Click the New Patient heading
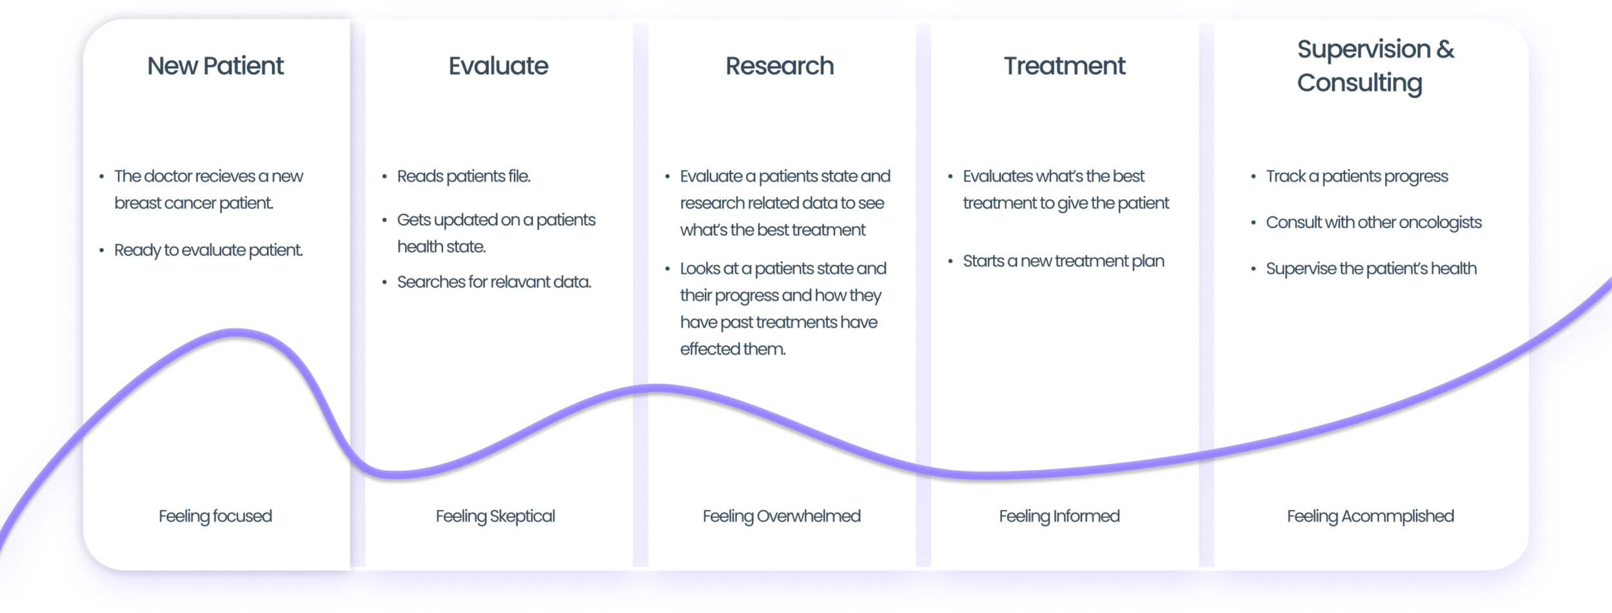tap(215, 66)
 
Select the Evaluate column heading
tap(498, 66)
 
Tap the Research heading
tap(780, 66)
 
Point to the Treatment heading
tap(1065, 66)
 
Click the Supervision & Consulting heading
tap(1375, 66)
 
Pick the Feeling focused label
tap(215, 516)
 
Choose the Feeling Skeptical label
tap(495, 516)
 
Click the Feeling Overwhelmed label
tap(781, 516)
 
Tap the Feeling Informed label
tap(1059, 516)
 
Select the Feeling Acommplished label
tap(1370, 516)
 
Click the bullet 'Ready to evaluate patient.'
tap(208, 250)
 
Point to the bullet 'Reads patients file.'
tap(464, 176)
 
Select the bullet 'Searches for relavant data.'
tap(494, 282)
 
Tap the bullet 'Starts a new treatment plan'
tap(1063, 261)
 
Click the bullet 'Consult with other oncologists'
tap(1373, 222)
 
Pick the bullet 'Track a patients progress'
tap(1357, 176)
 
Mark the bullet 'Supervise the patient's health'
tap(1371, 268)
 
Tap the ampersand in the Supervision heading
tap(1445, 49)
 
